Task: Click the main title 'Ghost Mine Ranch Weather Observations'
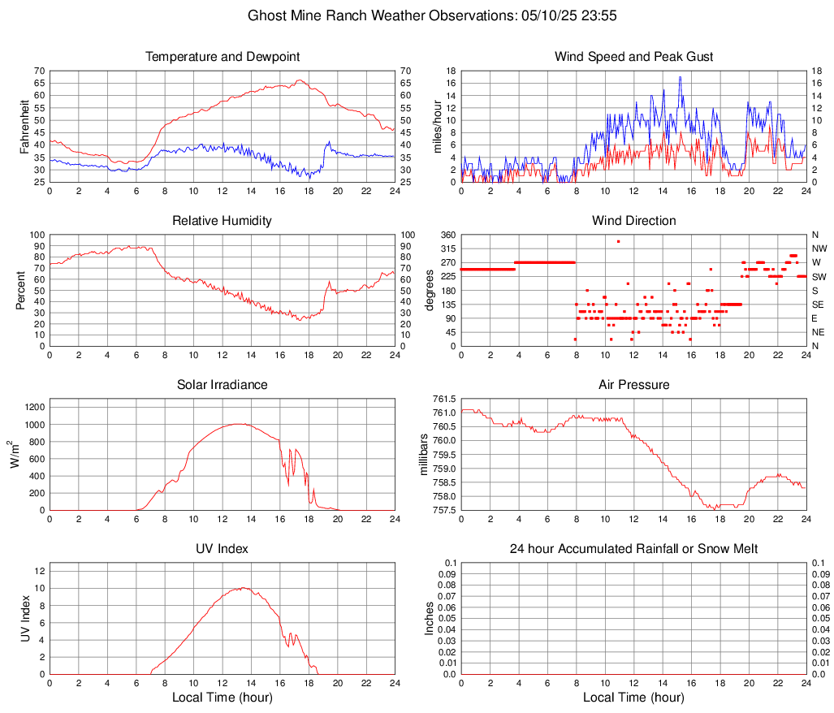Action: (416, 15)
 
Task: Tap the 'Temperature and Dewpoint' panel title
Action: (223, 57)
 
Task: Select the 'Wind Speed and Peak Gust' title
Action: (633, 57)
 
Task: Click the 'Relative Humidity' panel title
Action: (223, 221)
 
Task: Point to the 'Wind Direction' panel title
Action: (633, 221)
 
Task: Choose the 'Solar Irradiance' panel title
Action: (223, 385)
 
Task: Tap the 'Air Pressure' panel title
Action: (633, 385)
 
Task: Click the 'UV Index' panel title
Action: (223, 549)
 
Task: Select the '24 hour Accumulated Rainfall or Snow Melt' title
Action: (633, 549)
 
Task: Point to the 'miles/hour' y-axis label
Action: (436, 127)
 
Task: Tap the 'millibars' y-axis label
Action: (430, 455)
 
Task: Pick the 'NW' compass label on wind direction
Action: (819, 248)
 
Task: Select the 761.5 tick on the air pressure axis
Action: (443, 400)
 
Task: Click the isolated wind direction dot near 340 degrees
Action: (618, 241)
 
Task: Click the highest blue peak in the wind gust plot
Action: (680, 77)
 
